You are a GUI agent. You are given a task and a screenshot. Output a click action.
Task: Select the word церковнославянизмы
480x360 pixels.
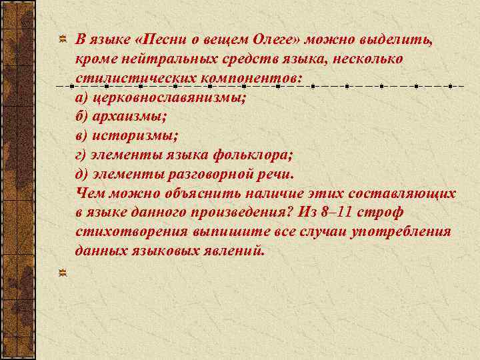click(x=169, y=97)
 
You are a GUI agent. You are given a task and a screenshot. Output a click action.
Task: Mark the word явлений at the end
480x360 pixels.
click(x=235, y=251)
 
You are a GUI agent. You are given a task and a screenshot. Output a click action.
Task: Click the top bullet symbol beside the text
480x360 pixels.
click(x=63, y=40)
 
